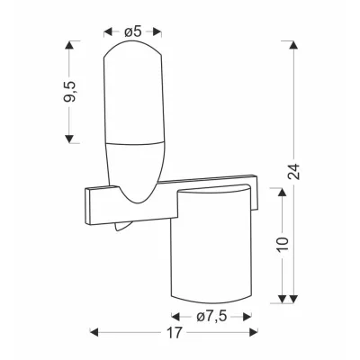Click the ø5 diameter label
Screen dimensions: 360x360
[x=132, y=31]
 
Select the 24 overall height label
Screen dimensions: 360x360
[x=294, y=171]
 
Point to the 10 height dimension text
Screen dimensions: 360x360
[x=283, y=244]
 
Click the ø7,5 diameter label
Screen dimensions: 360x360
[x=211, y=317]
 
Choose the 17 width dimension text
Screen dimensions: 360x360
[x=174, y=332]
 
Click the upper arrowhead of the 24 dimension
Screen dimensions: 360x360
[x=294, y=45]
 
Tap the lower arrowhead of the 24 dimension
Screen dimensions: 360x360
[x=294, y=299]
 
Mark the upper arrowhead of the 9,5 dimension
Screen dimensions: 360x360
[x=69, y=45]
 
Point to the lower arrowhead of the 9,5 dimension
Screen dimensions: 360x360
[x=69, y=139]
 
